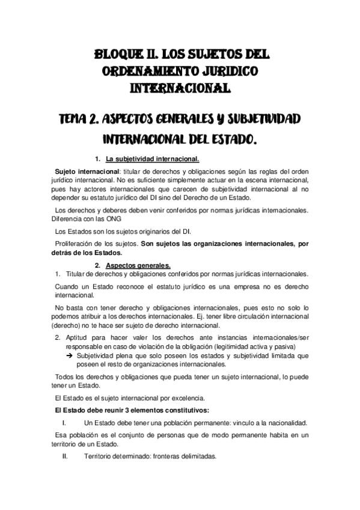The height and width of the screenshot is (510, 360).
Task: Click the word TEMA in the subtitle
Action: pos(86,118)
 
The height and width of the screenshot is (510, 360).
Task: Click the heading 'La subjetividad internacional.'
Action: pos(152,159)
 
